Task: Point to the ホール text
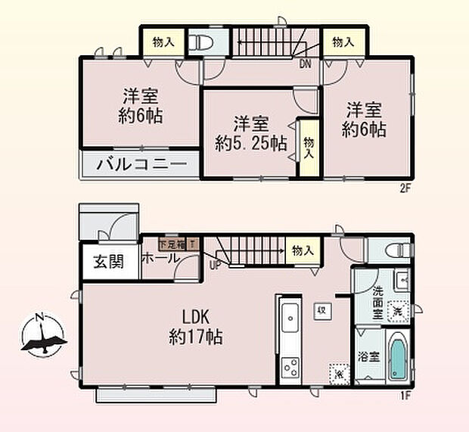point(161,258)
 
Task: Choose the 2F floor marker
point(405,190)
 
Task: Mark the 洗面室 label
point(377,299)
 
